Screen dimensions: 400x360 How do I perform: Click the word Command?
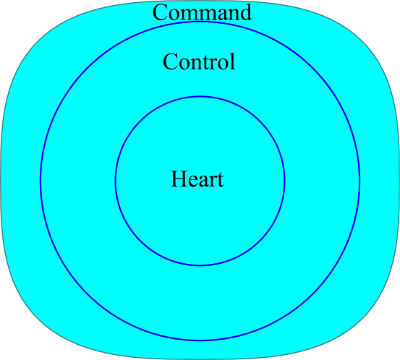click(x=202, y=12)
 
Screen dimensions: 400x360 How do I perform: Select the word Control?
click(x=199, y=61)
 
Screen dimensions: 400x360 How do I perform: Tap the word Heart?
click(x=197, y=179)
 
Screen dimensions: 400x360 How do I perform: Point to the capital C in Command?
click(x=160, y=12)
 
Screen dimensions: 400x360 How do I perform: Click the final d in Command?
click(x=245, y=12)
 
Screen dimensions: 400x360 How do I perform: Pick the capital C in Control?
click(x=170, y=61)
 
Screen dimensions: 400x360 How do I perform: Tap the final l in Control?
click(x=232, y=61)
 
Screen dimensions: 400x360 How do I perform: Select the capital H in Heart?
click(x=179, y=179)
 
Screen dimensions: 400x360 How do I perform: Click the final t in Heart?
click(x=221, y=180)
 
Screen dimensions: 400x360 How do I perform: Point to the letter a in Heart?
click(x=203, y=181)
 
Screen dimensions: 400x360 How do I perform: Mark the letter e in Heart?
click(x=193, y=181)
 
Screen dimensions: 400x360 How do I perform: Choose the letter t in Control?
click(x=207, y=63)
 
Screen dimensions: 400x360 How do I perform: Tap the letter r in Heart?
click(x=213, y=181)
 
